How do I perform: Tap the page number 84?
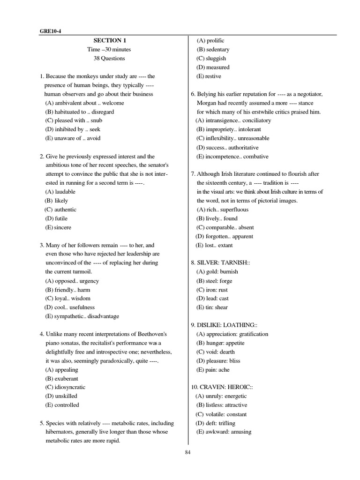[188, 452]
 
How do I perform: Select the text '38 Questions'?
[109, 58]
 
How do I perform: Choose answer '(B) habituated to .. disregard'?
[79, 112]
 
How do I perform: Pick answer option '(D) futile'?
[56, 218]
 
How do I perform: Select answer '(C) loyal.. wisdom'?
[67, 298]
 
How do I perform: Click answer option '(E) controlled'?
[62, 405]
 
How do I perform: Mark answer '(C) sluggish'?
[211, 58]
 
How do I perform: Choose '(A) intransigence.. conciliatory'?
[233, 120]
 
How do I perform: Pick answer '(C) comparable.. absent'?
[225, 227]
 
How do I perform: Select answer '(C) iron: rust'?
[212, 290]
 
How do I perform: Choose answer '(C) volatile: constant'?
[221, 414]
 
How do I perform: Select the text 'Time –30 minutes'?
[109, 49]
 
